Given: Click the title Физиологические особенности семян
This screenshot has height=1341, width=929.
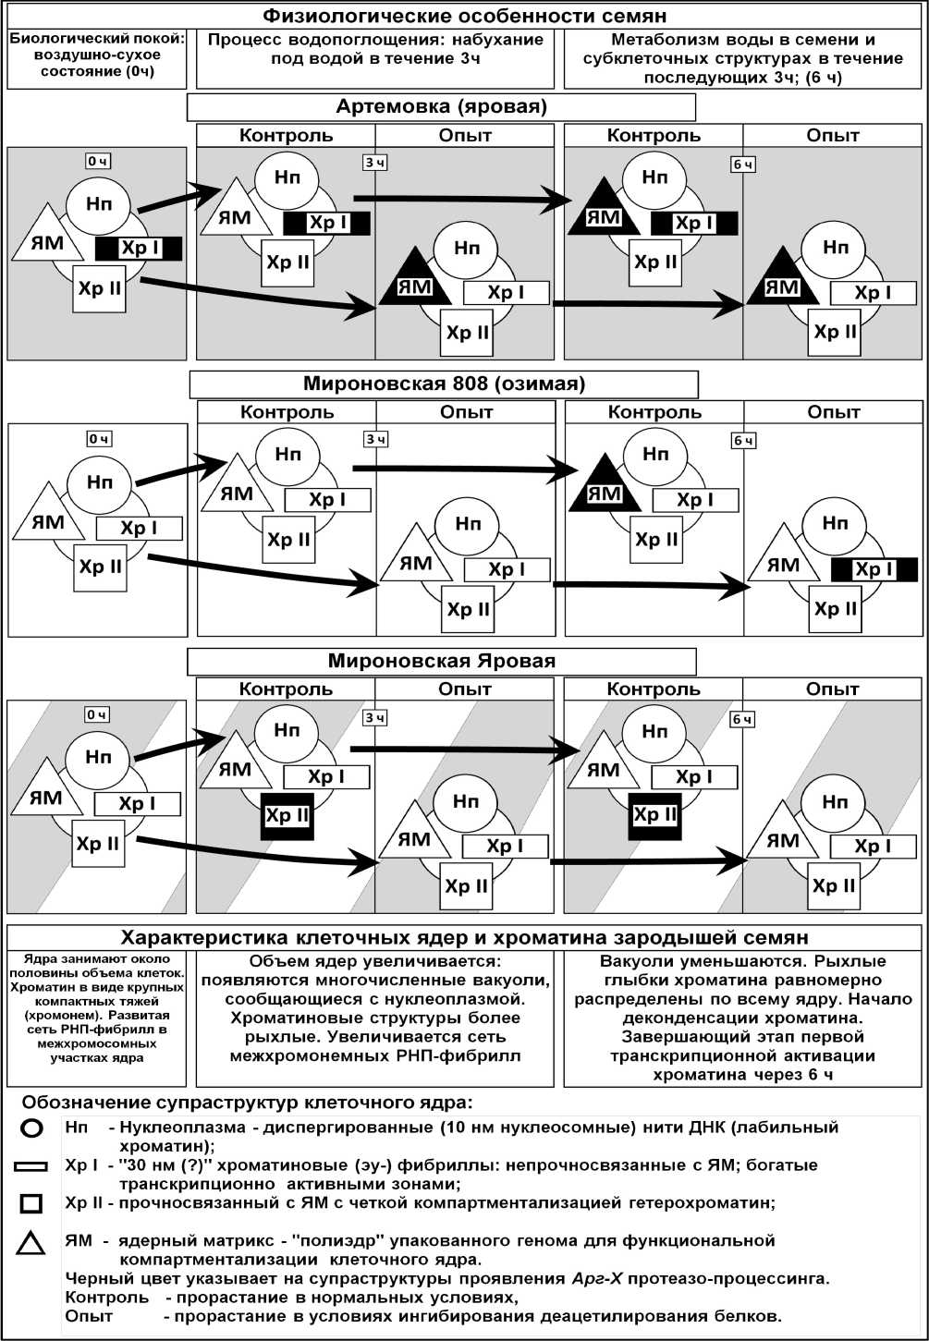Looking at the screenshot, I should click(464, 16).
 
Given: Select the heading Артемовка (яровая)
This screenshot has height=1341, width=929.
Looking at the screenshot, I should click(441, 106).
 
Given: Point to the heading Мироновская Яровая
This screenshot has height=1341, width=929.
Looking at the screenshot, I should click(442, 661).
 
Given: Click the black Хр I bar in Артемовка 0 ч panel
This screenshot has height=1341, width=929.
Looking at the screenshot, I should click(139, 248).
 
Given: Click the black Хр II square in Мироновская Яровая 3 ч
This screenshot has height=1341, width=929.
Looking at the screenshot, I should click(287, 816).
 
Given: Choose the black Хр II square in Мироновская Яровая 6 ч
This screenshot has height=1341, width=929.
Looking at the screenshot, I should click(654, 815).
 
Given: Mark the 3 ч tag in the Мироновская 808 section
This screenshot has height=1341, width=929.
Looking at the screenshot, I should click(374, 439).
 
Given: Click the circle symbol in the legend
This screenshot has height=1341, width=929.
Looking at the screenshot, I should click(31, 1128).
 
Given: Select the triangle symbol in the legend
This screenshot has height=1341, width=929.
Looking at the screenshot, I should click(31, 1244).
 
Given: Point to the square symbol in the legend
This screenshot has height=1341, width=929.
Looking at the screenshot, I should click(31, 1203).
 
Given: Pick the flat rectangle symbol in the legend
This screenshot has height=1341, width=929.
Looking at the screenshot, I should click(31, 1166).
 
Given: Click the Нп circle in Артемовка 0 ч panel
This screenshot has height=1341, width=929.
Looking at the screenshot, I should click(99, 204).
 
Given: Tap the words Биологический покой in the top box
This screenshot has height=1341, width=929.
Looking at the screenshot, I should click(97, 40).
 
